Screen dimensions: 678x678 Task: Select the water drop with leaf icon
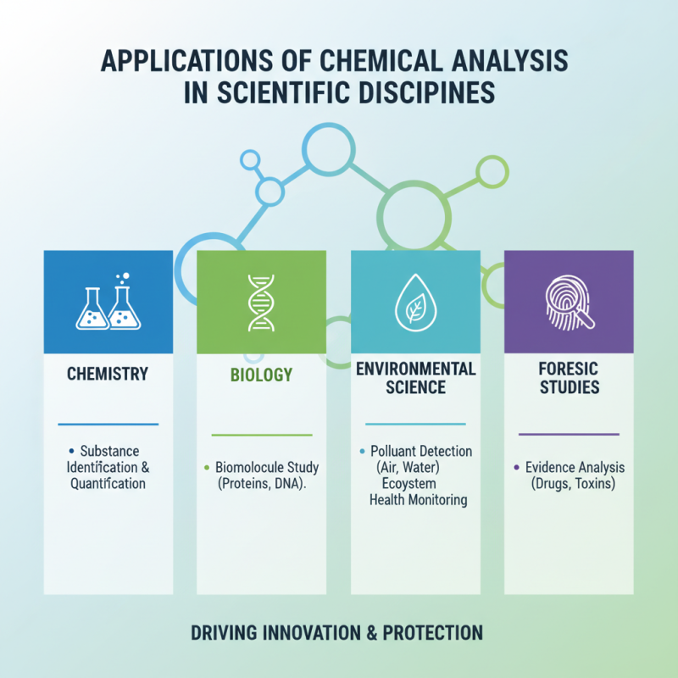415,303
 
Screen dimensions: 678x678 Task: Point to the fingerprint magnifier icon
569,302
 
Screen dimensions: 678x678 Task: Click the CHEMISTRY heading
108,374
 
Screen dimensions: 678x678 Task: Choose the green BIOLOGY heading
261,375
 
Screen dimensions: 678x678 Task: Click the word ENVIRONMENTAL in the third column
415,369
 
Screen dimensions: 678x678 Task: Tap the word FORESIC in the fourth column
569,369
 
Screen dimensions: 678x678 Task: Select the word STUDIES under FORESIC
569,387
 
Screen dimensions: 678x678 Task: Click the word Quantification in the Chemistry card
108,484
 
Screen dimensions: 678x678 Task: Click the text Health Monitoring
419,500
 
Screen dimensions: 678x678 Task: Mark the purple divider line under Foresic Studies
569,435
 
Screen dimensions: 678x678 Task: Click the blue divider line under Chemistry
108,424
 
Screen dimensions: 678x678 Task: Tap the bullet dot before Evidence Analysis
517,468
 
